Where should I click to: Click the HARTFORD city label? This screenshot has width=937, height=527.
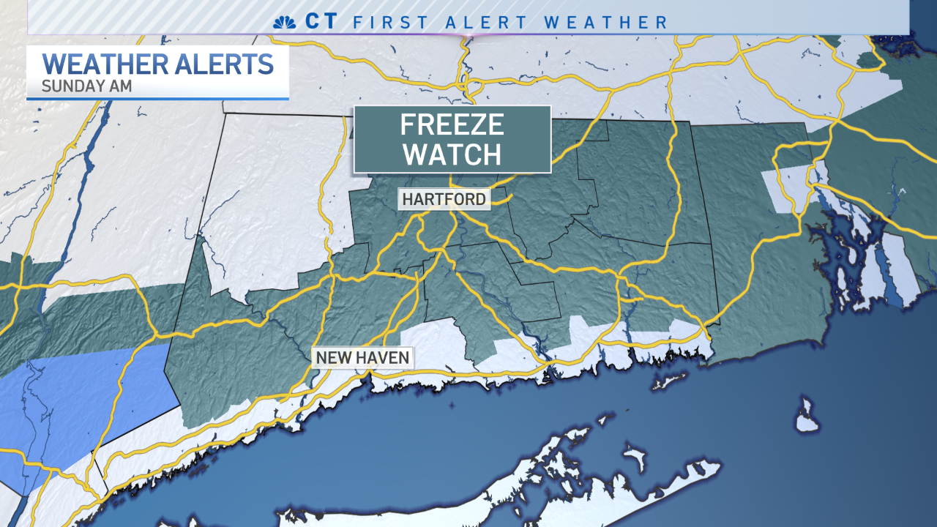444,199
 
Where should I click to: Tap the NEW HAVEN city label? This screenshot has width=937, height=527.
363,358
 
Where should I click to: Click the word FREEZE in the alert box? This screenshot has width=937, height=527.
452,125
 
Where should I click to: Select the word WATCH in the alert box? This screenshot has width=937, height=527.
452,154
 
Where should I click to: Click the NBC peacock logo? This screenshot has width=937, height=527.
283,22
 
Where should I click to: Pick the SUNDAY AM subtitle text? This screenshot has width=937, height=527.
86,85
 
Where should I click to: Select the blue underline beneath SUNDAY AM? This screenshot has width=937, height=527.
157,97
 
